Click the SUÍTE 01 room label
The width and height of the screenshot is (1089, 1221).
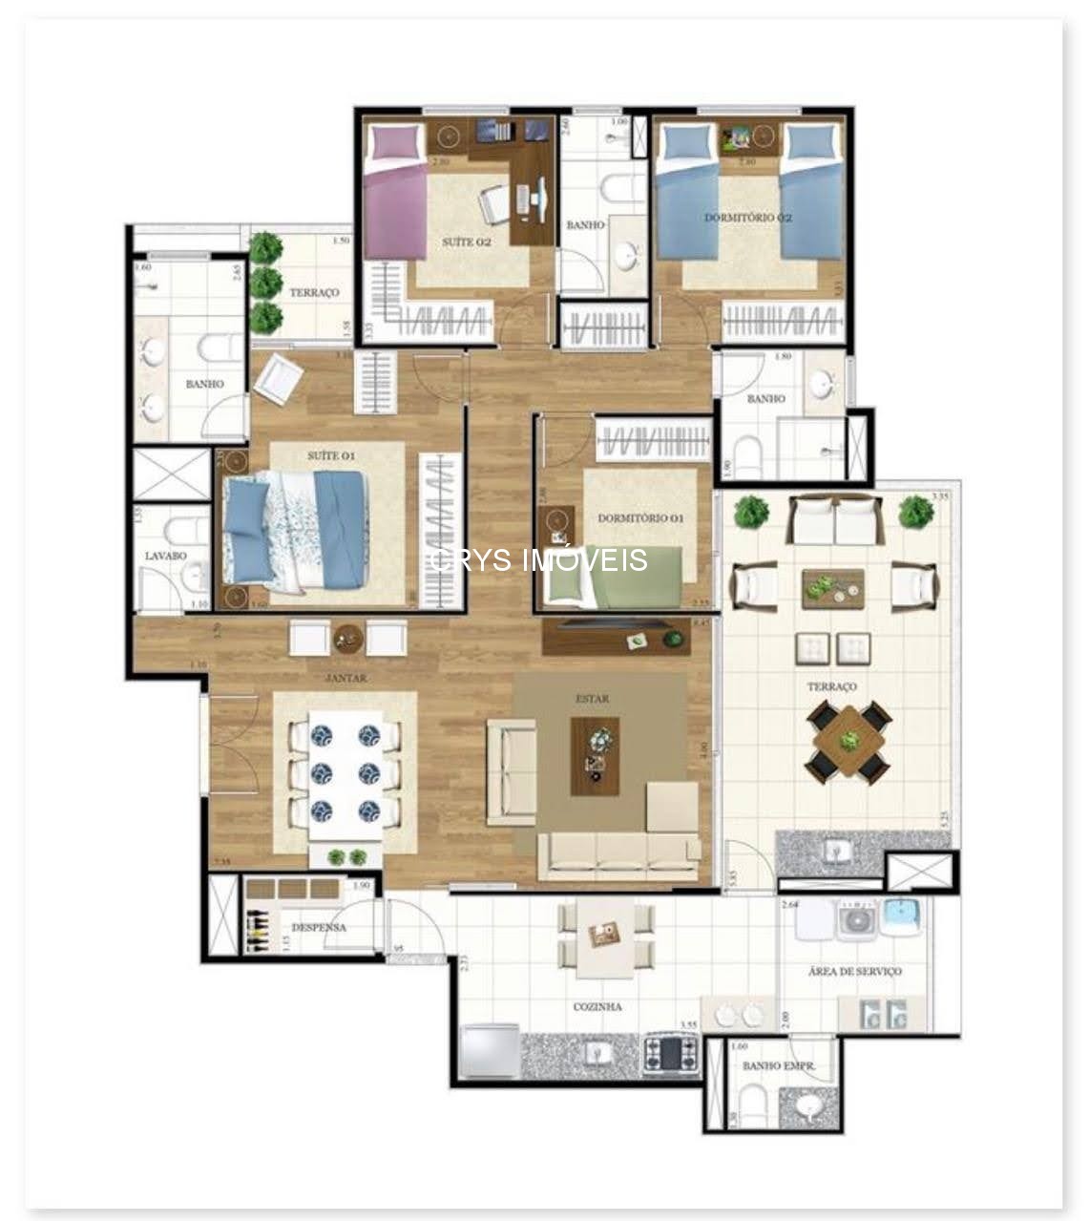330,455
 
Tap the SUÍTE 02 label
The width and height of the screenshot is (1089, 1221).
466,242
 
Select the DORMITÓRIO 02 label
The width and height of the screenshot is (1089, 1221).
748,218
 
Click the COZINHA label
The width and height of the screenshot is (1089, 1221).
598,1006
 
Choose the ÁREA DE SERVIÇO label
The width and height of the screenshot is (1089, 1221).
854,971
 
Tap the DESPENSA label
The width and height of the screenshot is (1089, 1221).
318,927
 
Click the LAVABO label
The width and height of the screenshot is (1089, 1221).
165,555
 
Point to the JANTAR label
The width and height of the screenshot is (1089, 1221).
346,678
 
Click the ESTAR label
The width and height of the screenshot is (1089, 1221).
592,699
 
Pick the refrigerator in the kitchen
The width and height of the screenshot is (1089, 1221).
490,1051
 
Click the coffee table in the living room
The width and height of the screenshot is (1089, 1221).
595,755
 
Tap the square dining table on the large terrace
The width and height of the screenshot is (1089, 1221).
848,741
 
